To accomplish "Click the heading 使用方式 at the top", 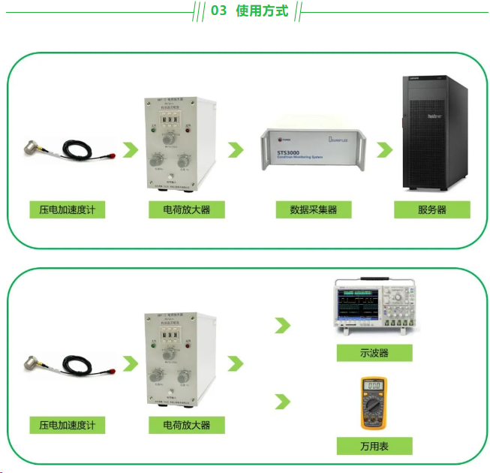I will [262, 11].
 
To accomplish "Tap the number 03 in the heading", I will [218, 11].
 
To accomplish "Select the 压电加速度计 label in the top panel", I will [68, 209].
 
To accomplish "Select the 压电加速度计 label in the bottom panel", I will [68, 425].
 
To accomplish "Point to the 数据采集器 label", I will [314, 209].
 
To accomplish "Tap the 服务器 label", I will [432, 209].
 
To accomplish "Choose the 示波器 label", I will [374, 353].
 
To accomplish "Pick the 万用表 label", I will [374, 446].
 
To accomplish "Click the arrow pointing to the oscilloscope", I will [283, 325].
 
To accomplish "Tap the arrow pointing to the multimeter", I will [283, 402].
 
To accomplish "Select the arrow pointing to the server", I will [385, 149].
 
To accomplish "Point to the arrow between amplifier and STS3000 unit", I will [236, 149].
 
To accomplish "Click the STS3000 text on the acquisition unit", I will [289, 149].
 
